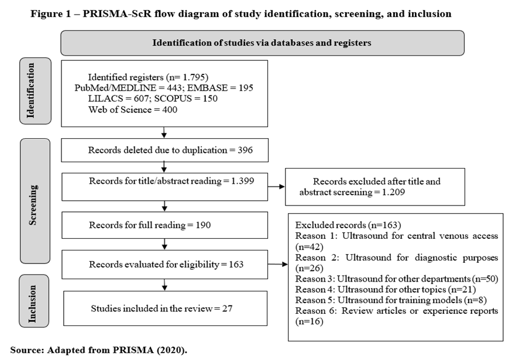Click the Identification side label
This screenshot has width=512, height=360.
[x=31, y=91]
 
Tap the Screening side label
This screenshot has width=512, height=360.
[x=33, y=205]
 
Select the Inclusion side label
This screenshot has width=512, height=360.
[x=32, y=304]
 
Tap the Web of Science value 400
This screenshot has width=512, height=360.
[x=170, y=109]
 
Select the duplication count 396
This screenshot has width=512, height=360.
[x=245, y=150]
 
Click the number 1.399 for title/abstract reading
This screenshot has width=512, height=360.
[x=243, y=181]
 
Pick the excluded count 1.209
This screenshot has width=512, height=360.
[x=393, y=192]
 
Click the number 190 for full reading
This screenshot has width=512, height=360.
[x=203, y=225]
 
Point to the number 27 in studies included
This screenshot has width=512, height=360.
[x=227, y=308]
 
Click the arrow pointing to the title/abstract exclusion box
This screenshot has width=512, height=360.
[x=276, y=187]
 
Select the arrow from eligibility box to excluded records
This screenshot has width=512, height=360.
[x=277, y=264]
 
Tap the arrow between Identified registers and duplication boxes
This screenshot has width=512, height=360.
[x=164, y=132]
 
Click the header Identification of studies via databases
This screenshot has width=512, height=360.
[x=262, y=43]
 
